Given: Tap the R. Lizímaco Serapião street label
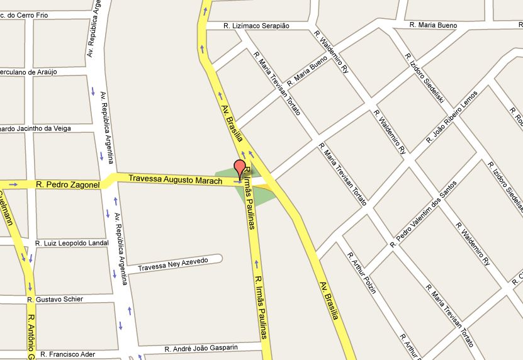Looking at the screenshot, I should [x=257, y=26].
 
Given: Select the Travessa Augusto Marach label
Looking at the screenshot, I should [x=175, y=180].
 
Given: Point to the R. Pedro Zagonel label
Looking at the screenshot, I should [x=68, y=185].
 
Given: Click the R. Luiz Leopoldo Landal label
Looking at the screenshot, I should [x=72, y=243].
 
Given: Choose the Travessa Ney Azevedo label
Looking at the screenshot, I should [x=172, y=264].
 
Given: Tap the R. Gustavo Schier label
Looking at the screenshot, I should [x=60, y=299].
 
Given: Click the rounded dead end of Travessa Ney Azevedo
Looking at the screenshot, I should [x=218, y=259].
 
